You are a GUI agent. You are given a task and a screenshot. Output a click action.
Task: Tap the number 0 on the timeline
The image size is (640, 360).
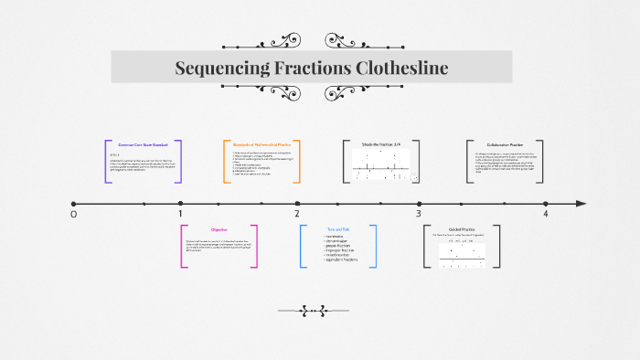(x=74, y=214)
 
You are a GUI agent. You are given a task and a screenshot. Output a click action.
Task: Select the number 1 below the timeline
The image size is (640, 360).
(x=180, y=214)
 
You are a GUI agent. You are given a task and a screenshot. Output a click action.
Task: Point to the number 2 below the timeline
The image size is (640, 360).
(x=297, y=214)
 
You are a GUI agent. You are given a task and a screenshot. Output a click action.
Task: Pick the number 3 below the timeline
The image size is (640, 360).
(x=419, y=214)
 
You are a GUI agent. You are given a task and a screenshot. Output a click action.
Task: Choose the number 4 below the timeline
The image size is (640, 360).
(x=545, y=214)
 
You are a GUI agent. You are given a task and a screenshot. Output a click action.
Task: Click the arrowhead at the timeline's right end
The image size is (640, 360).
(x=581, y=203)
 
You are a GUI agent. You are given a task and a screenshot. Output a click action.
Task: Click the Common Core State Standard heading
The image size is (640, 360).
(x=143, y=144)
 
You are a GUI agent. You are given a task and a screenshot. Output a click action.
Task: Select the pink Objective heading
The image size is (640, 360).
(x=219, y=229)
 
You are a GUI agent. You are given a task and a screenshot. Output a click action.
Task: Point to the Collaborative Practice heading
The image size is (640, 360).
(x=505, y=144)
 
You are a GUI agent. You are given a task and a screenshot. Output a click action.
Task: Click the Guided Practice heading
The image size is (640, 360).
(x=462, y=229)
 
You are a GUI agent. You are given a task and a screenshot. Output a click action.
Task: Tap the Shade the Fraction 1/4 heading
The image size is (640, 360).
(x=380, y=144)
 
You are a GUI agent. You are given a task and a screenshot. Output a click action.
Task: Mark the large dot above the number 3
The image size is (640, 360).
(x=419, y=203)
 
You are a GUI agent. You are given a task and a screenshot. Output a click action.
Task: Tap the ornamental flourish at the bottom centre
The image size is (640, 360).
(x=319, y=311)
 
